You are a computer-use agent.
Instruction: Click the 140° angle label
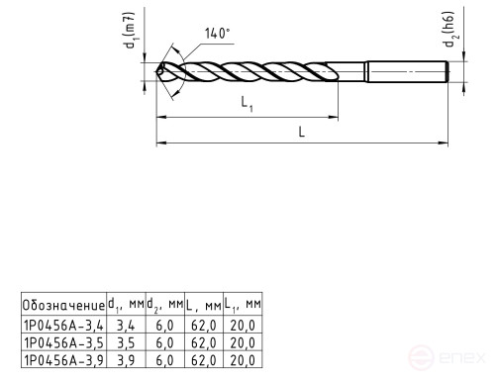218,33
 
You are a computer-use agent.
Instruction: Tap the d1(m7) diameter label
128,33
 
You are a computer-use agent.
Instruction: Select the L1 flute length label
246,104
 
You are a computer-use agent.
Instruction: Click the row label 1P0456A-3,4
62,325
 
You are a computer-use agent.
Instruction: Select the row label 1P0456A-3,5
62,342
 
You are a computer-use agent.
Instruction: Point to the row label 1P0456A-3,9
62,360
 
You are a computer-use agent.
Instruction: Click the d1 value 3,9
126,360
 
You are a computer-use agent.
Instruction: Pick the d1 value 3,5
126,342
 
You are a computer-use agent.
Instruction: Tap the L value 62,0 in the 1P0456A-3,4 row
203,325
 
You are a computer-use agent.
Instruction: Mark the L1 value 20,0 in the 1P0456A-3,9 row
243,360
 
